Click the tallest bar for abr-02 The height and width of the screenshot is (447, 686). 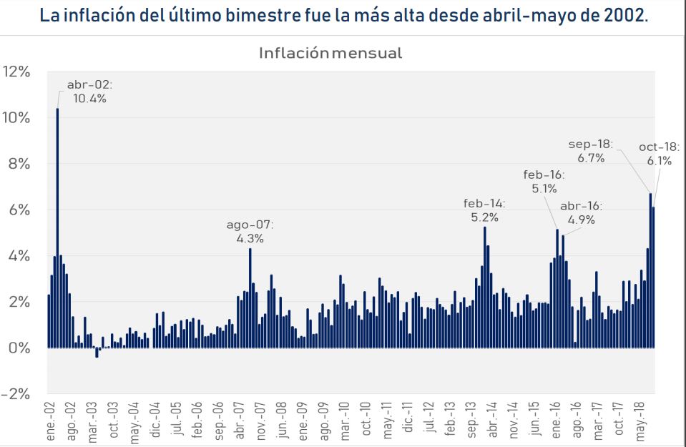[x=57, y=229]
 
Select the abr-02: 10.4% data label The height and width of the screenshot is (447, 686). [x=90, y=92]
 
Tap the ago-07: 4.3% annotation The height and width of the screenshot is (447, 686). [x=250, y=232]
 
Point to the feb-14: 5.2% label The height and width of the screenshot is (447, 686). [x=485, y=209]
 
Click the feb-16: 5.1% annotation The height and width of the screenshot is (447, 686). [x=544, y=182]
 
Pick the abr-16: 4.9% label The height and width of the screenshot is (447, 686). [x=582, y=212]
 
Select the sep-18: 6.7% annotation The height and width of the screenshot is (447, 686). [x=591, y=150]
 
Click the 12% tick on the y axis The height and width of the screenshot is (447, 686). [x=16, y=72]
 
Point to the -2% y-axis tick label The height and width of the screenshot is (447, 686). [x=16, y=394]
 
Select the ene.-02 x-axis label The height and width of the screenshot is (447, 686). [x=51, y=420]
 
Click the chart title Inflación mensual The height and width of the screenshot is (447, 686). [x=330, y=52]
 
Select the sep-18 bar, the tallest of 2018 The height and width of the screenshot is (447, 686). [x=650, y=272]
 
